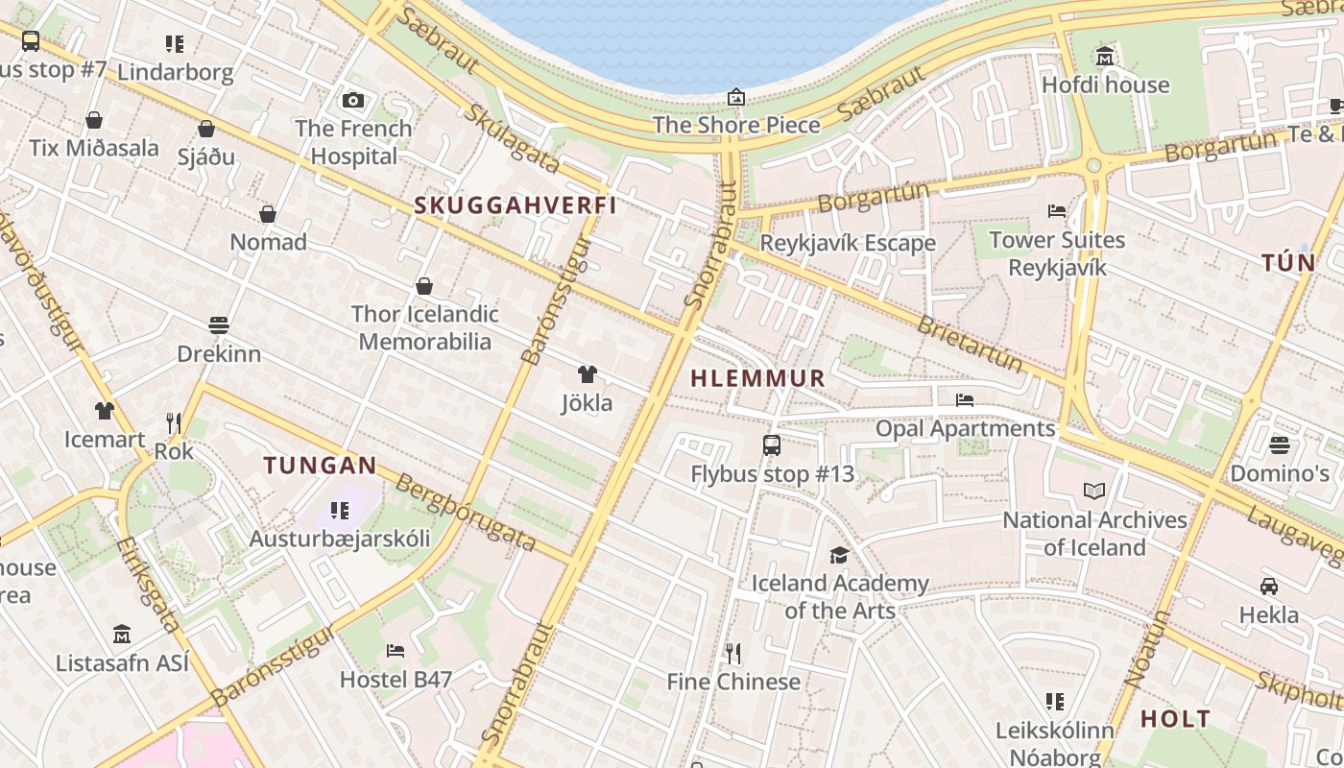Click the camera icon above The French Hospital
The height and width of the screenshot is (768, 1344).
coord(353,100)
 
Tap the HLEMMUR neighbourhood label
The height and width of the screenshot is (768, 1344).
coord(758,378)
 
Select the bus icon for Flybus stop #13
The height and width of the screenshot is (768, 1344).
coord(772,445)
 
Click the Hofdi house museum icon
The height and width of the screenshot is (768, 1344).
coord(1105,57)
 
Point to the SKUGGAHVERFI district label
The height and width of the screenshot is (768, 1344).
coord(515,205)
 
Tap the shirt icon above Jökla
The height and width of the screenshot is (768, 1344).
coord(587,374)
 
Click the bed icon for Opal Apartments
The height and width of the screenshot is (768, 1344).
coord(965,399)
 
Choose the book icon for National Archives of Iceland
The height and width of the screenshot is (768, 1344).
coord(1094,492)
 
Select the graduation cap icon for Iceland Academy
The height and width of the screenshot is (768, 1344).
coord(839,555)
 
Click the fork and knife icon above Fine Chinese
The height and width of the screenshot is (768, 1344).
coord(733,654)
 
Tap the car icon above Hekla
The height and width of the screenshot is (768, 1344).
coord(1268,587)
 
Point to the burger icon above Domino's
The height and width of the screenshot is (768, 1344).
coord(1280,445)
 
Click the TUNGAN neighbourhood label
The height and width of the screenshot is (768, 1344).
coord(321,467)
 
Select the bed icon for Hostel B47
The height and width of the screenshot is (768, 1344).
coord(396,651)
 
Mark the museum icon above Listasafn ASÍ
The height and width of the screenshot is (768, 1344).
coord(122,635)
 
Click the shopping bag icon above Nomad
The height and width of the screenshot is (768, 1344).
coord(268,214)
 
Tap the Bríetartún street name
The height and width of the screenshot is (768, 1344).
coord(970,343)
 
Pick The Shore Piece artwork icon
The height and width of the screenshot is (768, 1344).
coord(736,97)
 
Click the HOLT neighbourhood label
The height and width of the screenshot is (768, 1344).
coord(1175,719)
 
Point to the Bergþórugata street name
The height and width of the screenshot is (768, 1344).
coord(466,514)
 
